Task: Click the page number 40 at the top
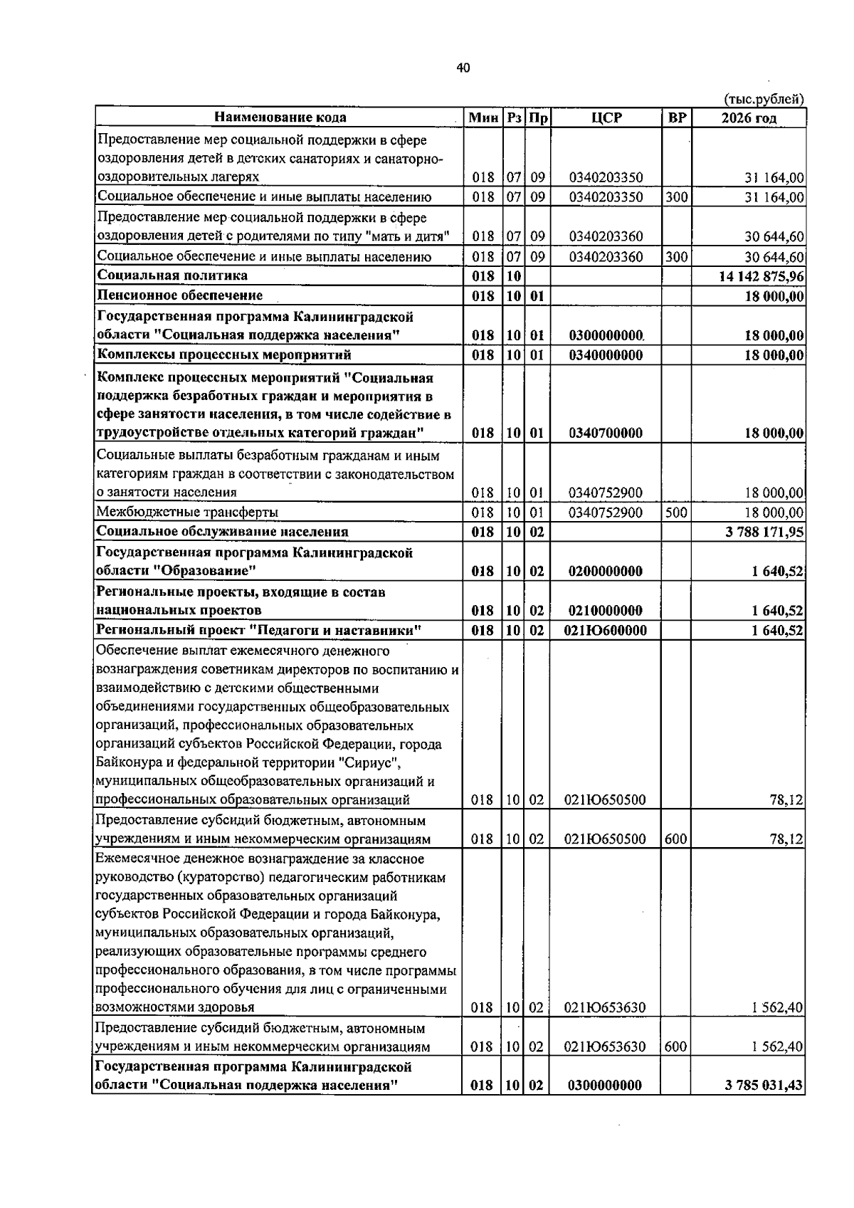(x=463, y=68)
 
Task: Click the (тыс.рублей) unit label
(x=764, y=99)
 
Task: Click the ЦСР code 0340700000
(x=606, y=434)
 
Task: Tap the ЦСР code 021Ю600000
(x=606, y=631)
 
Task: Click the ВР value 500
(x=676, y=513)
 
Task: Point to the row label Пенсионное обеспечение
(x=180, y=295)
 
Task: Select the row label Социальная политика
(x=173, y=275)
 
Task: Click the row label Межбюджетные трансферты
(x=187, y=513)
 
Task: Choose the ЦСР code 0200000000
(x=606, y=572)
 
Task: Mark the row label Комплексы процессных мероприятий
(x=224, y=354)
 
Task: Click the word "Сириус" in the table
(x=369, y=763)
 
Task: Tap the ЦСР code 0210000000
(x=606, y=611)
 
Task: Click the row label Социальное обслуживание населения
(x=223, y=532)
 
